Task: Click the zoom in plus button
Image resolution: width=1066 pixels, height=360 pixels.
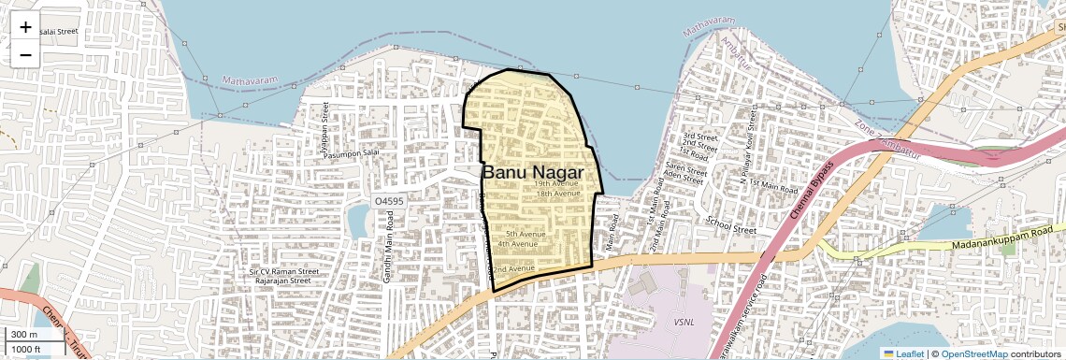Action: pyautogui.click(x=25, y=27)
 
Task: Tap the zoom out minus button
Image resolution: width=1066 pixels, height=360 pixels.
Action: pyautogui.click(x=25, y=54)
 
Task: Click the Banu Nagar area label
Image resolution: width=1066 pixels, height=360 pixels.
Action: pyautogui.click(x=532, y=173)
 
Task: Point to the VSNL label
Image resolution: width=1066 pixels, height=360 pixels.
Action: pyautogui.click(x=684, y=321)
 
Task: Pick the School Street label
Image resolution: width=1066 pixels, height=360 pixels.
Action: pyautogui.click(x=731, y=227)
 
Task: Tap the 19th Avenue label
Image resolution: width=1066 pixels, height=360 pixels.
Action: pyautogui.click(x=557, y=184)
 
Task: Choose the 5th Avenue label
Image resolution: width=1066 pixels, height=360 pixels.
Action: pyautogui.click(x=526, y=234)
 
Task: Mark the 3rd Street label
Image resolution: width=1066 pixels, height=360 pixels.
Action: pyautogui.click(x=699, y=137)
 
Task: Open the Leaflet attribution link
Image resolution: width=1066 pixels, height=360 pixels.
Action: pyautogui.click(x=903, y=353)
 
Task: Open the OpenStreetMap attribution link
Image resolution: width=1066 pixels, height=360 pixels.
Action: pyautogui.click(x=973, y=353)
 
